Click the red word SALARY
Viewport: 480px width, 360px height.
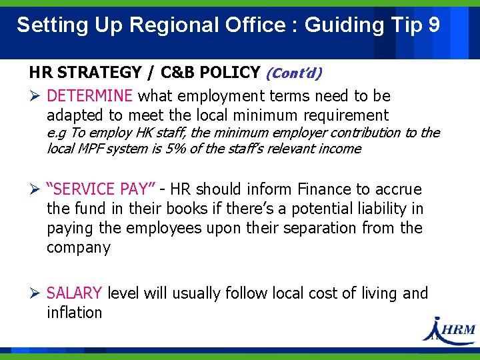[74, 293]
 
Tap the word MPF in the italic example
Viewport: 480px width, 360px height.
[91, 149]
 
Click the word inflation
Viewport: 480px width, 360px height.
[75, 313]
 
